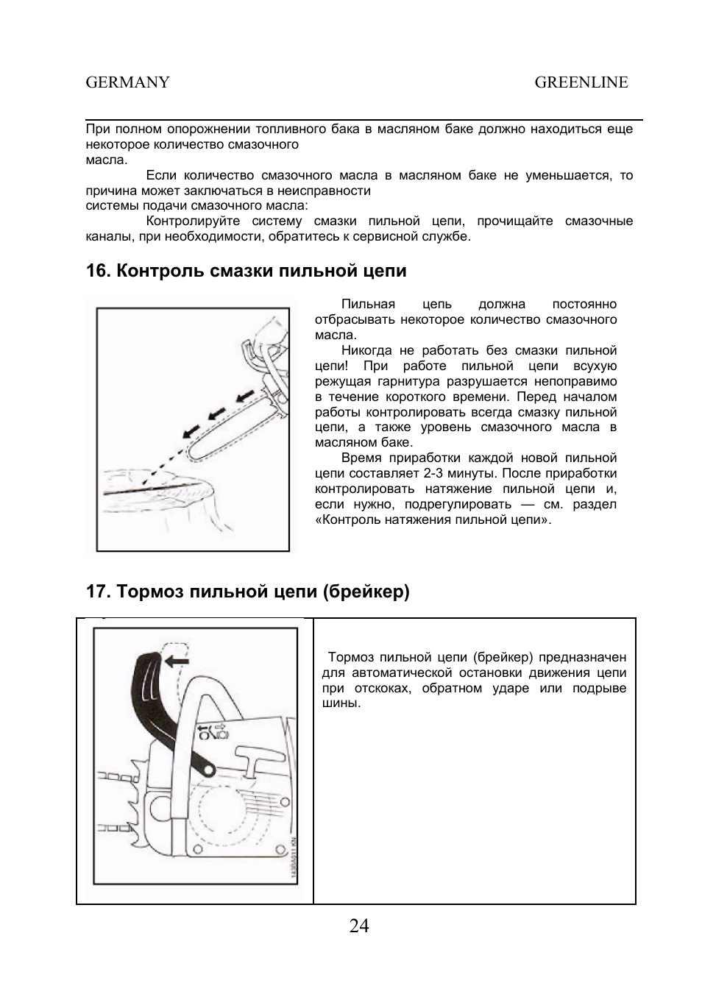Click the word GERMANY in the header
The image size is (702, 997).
tap(128, 82)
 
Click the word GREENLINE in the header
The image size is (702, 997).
tap(581, 82)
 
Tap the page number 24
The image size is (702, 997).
tap(359, 926)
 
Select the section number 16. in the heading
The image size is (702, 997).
tap(97, 271)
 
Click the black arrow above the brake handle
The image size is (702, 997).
tap(177, 661)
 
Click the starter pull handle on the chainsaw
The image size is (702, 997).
tap(254, 759)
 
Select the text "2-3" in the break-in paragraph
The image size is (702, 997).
tap(434, 473)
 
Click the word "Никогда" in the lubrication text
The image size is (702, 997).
tap(366, 350)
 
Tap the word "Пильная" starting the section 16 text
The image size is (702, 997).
tap(368, 304)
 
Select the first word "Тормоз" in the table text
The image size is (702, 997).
tap(352, 656)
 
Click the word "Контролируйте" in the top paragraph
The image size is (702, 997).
tap(193, 221)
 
